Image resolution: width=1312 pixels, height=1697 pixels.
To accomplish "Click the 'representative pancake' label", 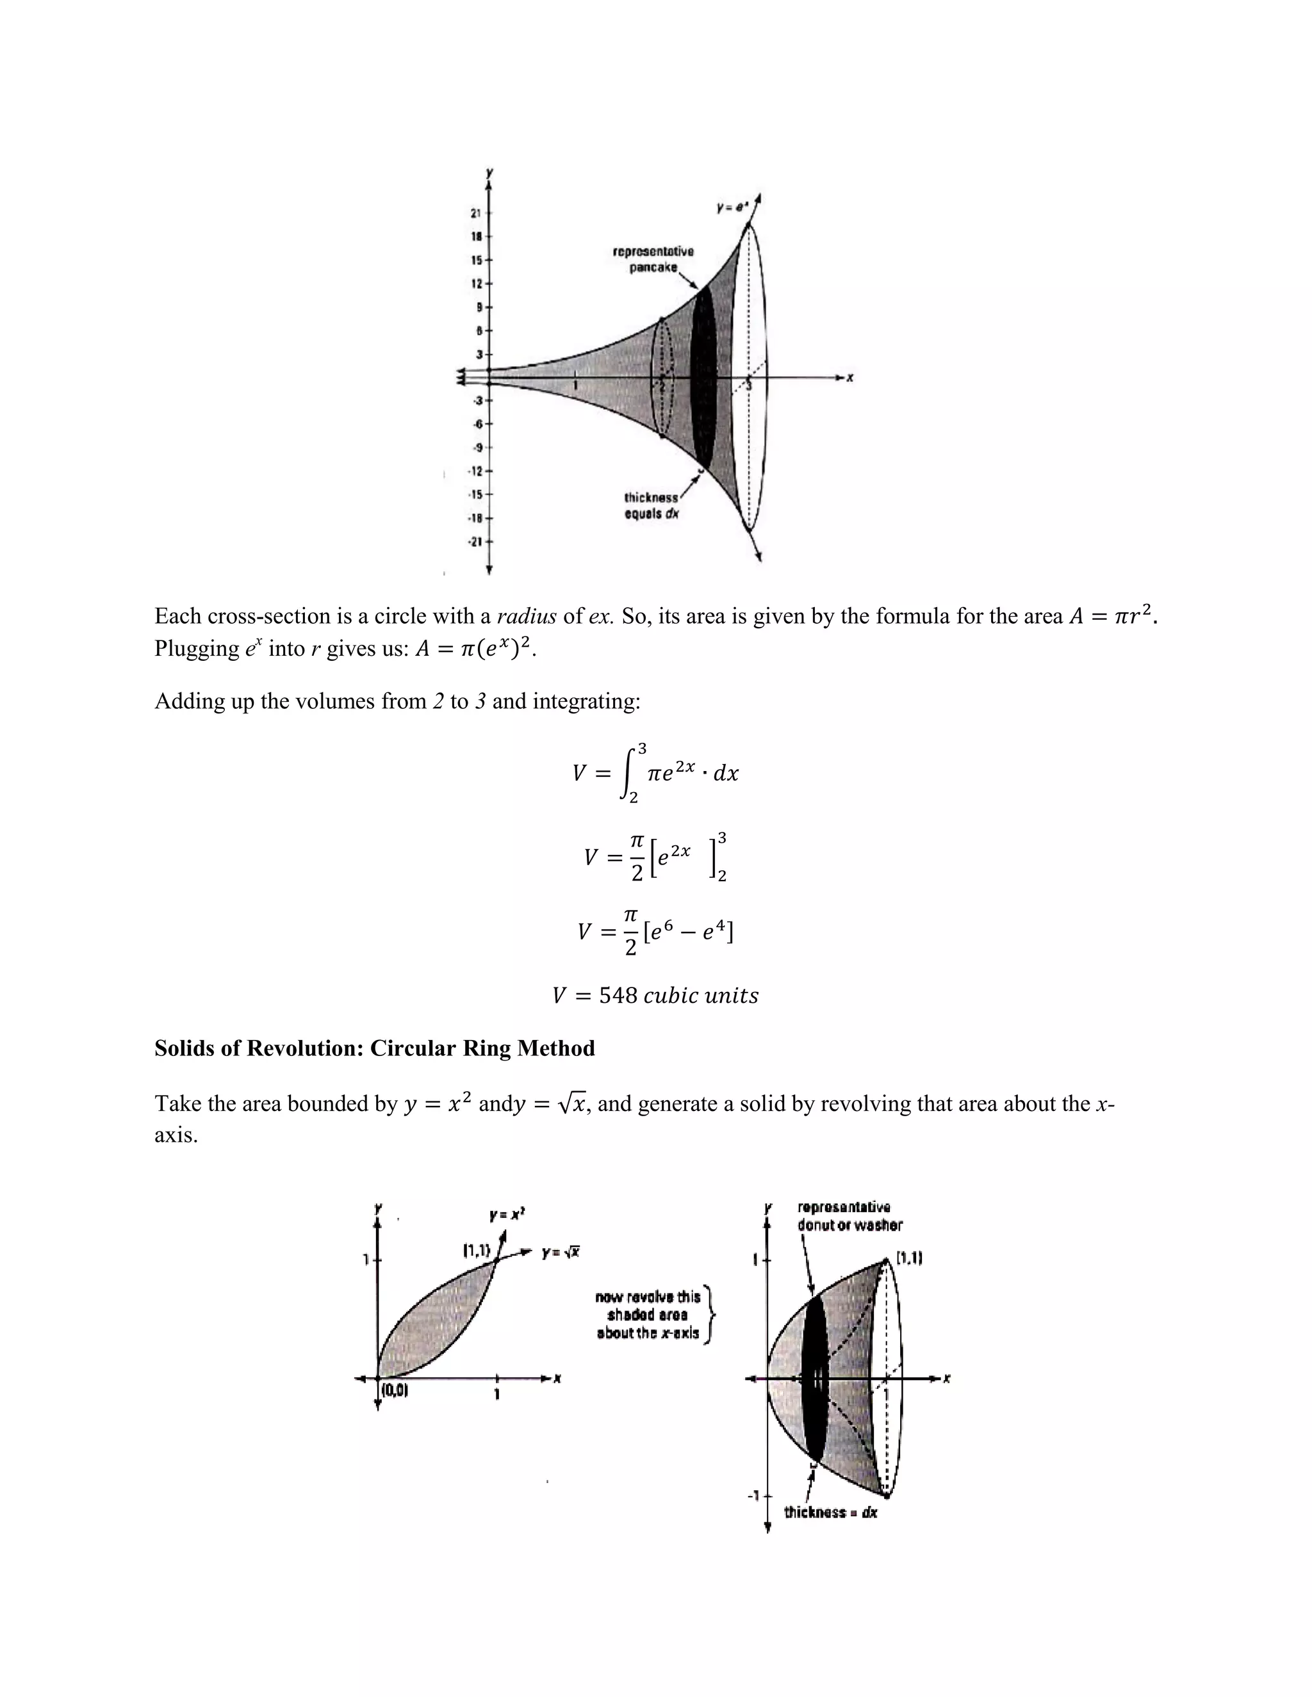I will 653,259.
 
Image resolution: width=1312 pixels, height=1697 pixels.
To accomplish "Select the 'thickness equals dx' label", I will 652,506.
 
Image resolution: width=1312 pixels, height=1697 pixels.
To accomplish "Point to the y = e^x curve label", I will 732,208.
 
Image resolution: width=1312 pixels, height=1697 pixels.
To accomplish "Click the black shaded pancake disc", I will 703,377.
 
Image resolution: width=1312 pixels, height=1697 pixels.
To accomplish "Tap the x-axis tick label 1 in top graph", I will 575,386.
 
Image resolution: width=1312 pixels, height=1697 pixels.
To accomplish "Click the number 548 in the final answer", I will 618,995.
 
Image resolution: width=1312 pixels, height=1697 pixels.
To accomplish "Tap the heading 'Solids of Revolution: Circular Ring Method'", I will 375,1048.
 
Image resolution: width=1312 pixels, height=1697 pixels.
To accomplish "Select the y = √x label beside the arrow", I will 561,1253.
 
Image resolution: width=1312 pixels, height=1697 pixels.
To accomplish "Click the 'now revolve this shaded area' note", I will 648,1315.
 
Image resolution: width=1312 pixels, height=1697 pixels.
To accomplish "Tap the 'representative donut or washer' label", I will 849,1216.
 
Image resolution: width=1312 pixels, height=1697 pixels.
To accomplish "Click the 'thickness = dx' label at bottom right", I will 830,1512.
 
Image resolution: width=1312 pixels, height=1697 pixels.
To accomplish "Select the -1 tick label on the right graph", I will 752,1495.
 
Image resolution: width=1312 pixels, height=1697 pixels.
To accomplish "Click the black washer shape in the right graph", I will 814,1379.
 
